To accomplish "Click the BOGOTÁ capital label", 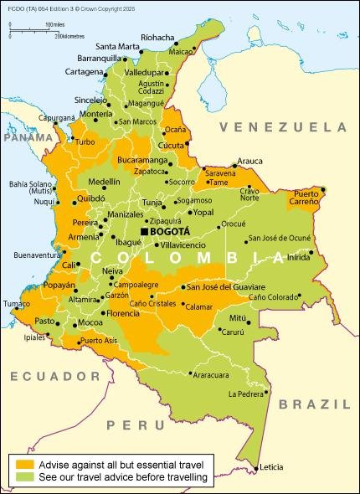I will (170, 231).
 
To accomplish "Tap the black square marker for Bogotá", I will (144, 231).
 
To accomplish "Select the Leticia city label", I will (272, 466).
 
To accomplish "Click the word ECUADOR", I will (43, 376).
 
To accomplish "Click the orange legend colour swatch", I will (23, 463).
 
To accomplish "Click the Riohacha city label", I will (158, 38).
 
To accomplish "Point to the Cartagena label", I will (83, 72).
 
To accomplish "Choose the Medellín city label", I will (104, 181).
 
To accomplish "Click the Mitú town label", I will (239, 318).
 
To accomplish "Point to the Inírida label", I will (298, 257).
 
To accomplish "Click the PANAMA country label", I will (23, 136).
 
